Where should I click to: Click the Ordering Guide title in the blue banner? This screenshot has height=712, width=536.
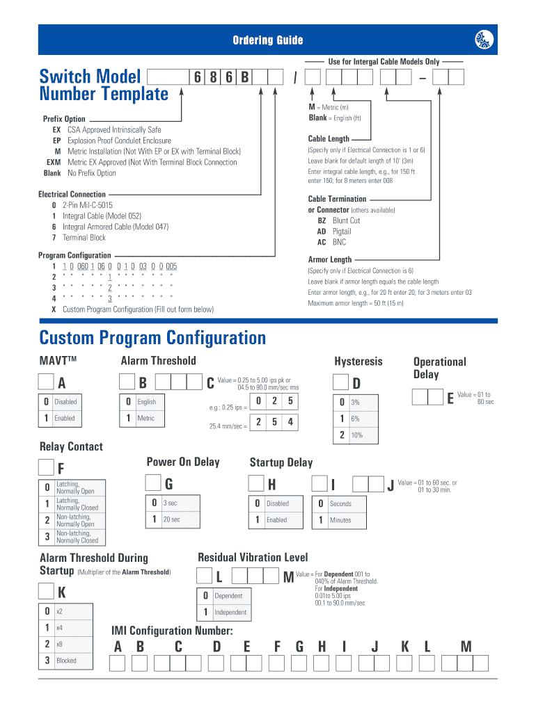point(268,40)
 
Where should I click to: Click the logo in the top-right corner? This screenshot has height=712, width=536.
point(484,40)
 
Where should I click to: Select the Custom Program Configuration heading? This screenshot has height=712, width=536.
point(152,338)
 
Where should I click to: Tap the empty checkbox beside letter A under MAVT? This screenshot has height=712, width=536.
point(46,382)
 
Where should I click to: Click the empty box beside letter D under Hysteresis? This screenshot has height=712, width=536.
point(340,382)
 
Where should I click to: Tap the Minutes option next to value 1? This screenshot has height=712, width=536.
point(340,520)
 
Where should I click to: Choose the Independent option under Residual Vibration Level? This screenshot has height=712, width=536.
point(230,613)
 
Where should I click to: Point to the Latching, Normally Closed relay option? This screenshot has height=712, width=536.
point(77,504)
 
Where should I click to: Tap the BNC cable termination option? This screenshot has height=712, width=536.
point(339,243)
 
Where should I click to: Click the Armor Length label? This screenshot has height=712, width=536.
point(330,259)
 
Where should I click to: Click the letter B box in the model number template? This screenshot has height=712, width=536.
point(244,77)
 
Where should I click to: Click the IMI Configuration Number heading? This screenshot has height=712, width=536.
point(172,631)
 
